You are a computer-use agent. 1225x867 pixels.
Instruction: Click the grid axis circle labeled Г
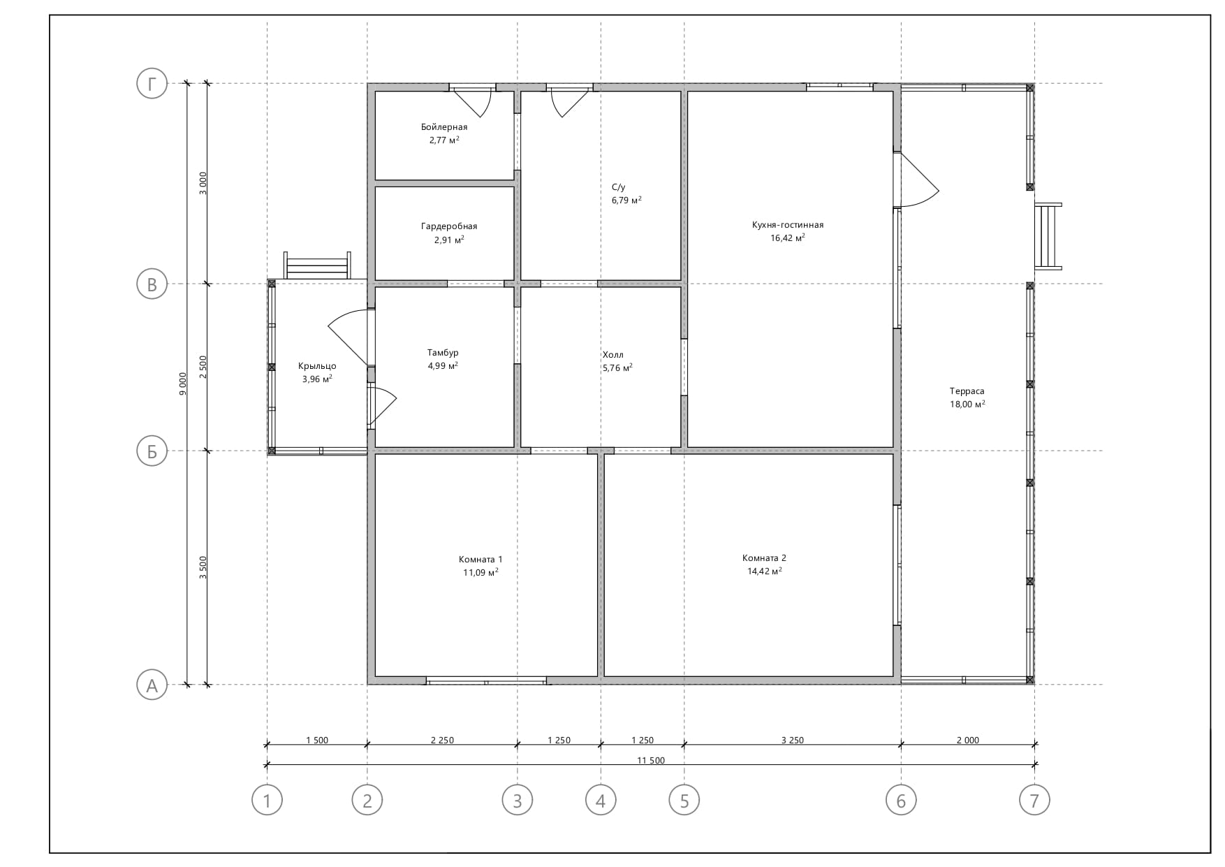tap(152, 85)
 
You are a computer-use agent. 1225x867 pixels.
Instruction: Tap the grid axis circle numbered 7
tap(1034, 800)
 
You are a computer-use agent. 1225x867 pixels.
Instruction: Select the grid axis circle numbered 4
tap(601, 800)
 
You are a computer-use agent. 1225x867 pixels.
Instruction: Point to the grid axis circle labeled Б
tap(152, 451)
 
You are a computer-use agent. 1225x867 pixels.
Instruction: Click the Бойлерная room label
tap(444, 127)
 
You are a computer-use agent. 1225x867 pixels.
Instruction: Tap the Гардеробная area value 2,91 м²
tap(449, 240)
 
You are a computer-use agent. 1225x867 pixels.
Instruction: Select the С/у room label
tap(618, 187)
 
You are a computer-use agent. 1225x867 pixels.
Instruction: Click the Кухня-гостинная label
tap(788, 225)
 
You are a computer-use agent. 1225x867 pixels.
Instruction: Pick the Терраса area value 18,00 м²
tap(967, 404)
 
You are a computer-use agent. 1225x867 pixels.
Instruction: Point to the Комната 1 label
tap(481, 559)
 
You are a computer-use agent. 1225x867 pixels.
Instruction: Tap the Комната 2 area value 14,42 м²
tap(765, 571)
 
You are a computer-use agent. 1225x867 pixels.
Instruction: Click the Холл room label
tap(613, 355)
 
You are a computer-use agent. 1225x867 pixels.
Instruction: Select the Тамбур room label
tap(443, 353)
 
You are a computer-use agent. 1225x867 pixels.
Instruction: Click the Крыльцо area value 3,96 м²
tap(317, 379)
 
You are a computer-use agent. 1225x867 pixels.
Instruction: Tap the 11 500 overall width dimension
tap(651, 761)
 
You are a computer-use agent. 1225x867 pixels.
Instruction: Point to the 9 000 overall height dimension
tap(183, 384)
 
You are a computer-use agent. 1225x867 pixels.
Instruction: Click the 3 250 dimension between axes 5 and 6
tap(792, 741)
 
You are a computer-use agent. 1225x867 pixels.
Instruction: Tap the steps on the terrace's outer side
tap(1048, 236)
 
